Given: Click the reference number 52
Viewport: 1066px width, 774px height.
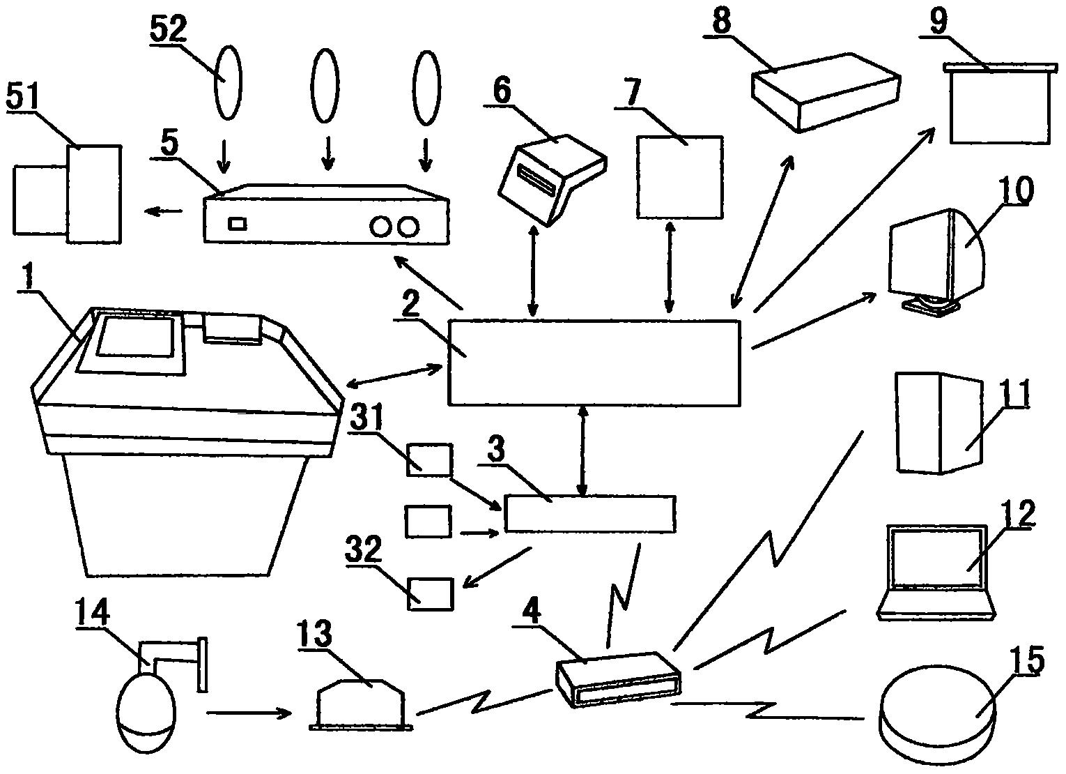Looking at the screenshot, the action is pos(168,30).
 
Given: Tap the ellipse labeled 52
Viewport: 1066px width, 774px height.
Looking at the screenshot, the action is pos(229,82).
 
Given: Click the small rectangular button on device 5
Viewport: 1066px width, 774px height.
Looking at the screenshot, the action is pos(238,223).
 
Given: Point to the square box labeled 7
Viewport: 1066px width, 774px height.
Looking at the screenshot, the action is pos(679,177).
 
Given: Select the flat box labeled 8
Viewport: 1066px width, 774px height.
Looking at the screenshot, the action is pos(826,93).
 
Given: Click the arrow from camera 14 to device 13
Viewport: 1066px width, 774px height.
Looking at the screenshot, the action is pos(249,713).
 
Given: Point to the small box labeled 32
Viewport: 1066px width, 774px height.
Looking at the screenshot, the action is pos(430,594).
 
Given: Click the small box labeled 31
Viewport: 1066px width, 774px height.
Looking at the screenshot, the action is pos(429,460).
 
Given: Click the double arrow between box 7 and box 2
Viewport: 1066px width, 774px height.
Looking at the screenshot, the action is pos(670,267).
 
